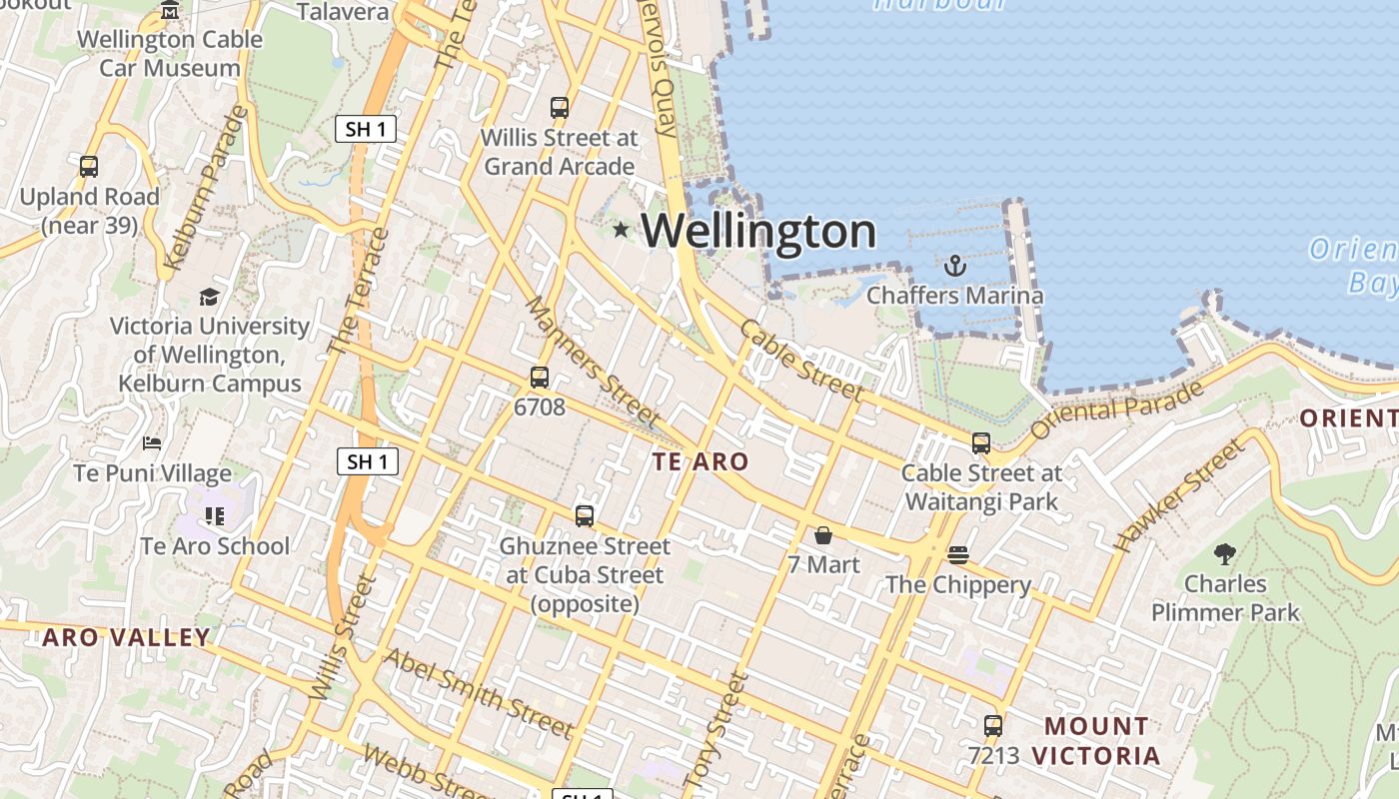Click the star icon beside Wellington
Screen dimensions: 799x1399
[x=621, y=230]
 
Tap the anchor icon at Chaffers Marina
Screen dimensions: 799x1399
[x=955, y=266]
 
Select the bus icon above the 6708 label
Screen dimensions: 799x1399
[x=540, y=378]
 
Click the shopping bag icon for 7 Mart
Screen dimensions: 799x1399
[x=822, y=535]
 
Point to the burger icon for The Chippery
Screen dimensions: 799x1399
[x=958, y=555]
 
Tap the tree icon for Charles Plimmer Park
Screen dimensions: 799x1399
[x=1225, y=554]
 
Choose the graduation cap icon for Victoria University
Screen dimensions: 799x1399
[x=209, y=297]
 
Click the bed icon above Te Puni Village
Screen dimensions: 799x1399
[x=152, y=442]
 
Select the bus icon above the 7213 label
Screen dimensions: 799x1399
[x=992, y=726]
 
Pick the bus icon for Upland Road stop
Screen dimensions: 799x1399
[x=89, y=167]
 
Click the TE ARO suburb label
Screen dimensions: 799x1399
[x=699, y=461]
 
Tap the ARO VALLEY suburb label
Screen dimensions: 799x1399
[x=127, y=637]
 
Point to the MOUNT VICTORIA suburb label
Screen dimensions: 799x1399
[x=1096, y=740]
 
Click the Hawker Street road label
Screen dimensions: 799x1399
[x=1180, y=495]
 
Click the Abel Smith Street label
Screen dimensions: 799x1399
[x=479, y=692]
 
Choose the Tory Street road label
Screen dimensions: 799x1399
[x=716, y=729]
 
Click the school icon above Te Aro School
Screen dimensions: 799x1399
[x=215, y=515]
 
